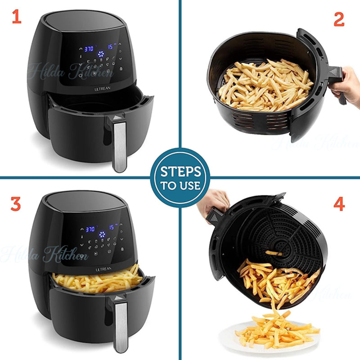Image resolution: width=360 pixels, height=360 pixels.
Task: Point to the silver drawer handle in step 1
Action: (119, 144)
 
